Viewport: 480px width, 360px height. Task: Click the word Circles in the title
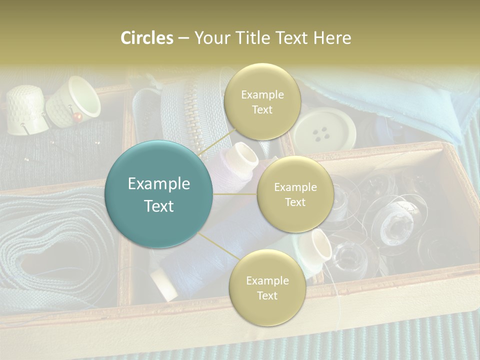coord(146,38)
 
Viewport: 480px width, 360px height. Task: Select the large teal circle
coord(158,194)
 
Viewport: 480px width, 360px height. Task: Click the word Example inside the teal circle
coord(158,184)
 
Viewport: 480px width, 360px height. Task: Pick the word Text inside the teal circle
coord(158,206)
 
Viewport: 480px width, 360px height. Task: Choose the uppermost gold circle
coord(262,102)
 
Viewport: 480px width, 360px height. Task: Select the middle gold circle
coord(295,194)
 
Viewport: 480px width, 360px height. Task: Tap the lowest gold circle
coord(267,288)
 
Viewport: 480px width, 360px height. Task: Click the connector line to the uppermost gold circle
coord(215,144)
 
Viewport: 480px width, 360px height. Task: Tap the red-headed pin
coord(77,116)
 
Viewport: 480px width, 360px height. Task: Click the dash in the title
coord(183,38)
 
